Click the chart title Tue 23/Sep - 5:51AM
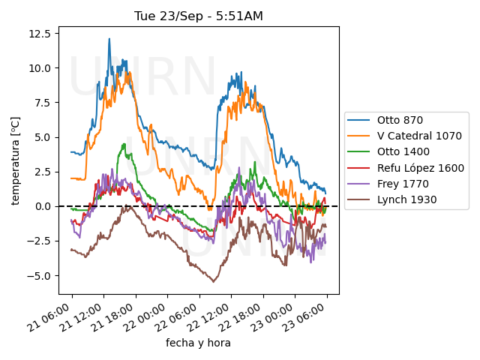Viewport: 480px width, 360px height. click(x=199, y=16)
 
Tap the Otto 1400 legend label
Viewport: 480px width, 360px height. click(x=402, y=152)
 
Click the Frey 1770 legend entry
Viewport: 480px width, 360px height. click(x=398, y=184)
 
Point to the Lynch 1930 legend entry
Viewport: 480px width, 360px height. click(x=402, y=199)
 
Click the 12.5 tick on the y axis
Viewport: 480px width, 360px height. click(x=39, y=34)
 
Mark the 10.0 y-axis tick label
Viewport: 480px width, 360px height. click(x=39, y=67)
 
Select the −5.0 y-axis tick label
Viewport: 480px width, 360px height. click(x=39, y=275)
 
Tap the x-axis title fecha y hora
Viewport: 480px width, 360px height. click(x=198, y=343)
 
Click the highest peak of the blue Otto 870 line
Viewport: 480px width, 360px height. click(x=109, y=39)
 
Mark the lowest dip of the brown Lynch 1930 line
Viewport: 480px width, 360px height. click(x=214, y=281)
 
